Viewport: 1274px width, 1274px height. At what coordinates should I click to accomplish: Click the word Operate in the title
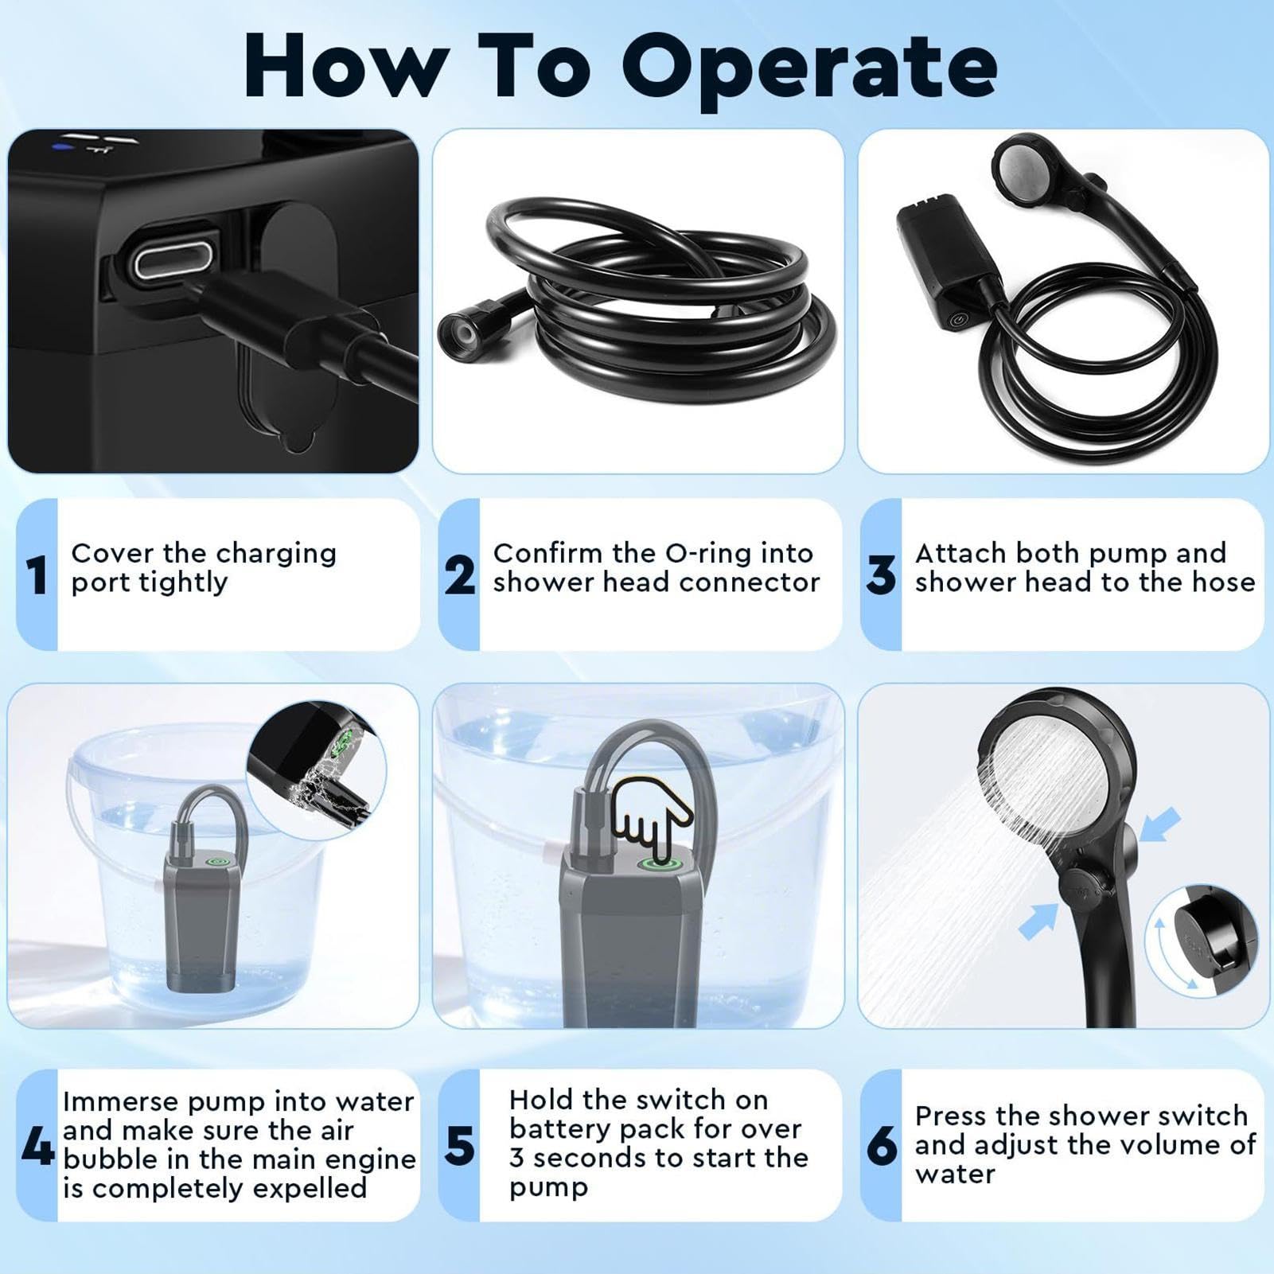point(809,68)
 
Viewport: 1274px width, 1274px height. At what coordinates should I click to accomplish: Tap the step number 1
point(37,575)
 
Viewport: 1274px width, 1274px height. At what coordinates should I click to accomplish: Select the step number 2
point(460,575)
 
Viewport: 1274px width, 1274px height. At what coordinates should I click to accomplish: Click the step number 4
point(37,1146)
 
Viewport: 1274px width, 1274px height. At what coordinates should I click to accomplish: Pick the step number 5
point(460,1147)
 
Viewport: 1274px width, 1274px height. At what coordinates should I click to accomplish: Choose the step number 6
point(882,1147)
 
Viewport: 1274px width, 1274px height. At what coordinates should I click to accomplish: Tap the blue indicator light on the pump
point(58,146)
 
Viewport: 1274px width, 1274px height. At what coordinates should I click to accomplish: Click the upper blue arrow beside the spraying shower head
point(1159,824)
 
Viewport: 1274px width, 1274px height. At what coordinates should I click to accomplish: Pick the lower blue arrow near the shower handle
point(1038,921)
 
